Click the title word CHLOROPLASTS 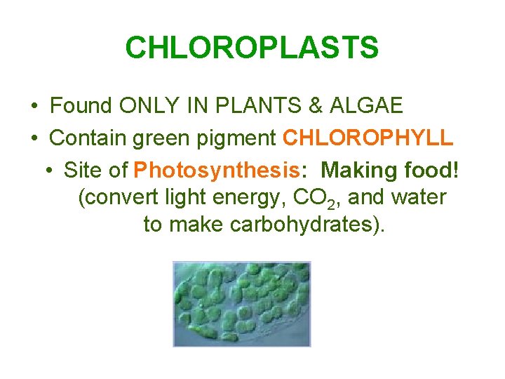pos(252,48)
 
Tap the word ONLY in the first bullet pos(151,106)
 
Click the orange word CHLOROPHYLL pos(368,138)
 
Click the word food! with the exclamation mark pos(433,170)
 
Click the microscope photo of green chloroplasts pos(242,303)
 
